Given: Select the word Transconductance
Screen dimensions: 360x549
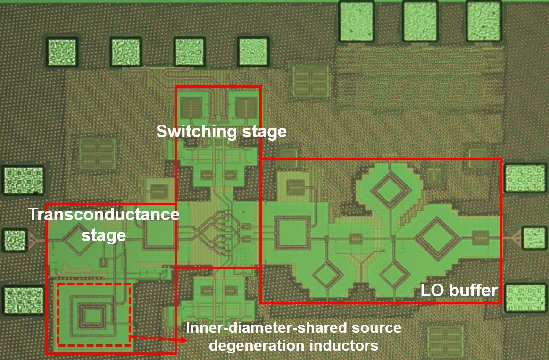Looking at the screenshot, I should [x=104, y=215].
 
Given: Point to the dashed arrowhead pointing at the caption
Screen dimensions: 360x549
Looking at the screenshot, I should [x=181, y=339].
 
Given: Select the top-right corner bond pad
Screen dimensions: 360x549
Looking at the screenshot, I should [x=483, y=21].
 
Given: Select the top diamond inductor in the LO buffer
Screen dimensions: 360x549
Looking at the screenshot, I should [x=390, y=191].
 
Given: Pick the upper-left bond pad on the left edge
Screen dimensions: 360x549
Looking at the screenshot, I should [x=24, y=180].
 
